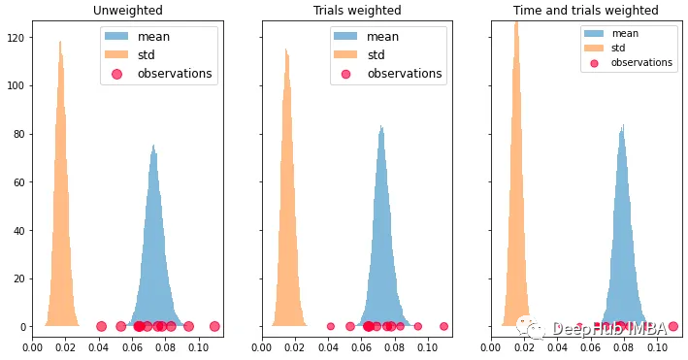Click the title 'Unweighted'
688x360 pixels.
click(127, 11)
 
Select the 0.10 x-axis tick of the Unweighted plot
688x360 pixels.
click(198, 345)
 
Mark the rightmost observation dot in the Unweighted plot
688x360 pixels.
click(214, 327)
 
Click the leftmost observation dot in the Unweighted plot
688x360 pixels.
click(101, 327)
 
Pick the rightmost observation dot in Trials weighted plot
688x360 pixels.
click(443, 327)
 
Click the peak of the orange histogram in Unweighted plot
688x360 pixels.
click(60, 43)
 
